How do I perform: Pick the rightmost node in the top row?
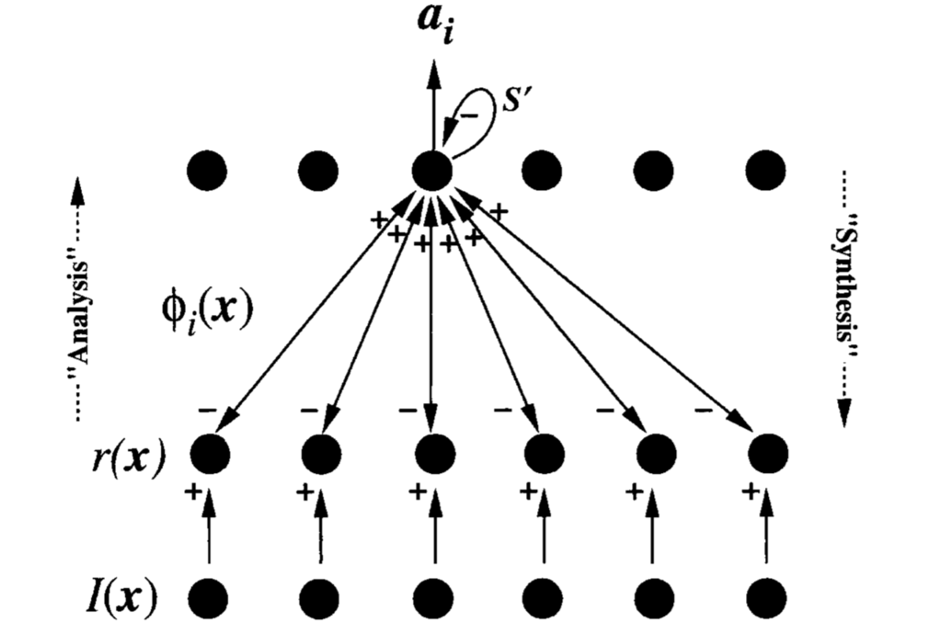(765, 168)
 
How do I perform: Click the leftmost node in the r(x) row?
(210, 453)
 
